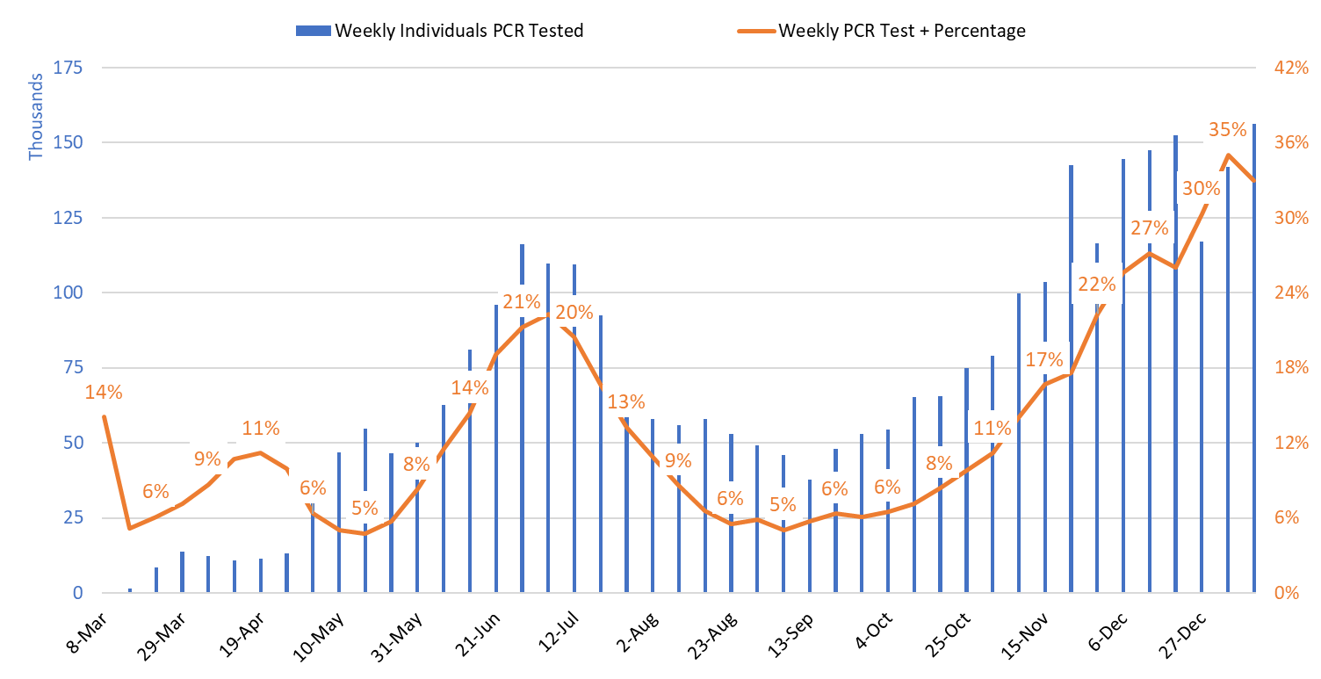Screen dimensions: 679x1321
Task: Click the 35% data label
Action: pos(1228,130)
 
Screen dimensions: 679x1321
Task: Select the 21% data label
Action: pos(521,302)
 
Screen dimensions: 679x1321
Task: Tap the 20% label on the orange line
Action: pos(574,312)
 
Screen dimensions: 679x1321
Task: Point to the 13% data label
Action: pos(625,402)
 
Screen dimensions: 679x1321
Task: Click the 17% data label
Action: pos(1044,359)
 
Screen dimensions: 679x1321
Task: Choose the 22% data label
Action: pos(1096,285)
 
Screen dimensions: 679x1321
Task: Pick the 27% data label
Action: pos(1149,228)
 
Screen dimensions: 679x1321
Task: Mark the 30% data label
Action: pos(1201,188)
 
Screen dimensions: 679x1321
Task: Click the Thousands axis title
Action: pos(36,117)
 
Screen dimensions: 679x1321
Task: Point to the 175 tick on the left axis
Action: pos(69,68)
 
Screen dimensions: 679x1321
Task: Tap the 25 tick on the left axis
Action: pos(73,517)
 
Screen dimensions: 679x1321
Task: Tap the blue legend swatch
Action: pos(314,31)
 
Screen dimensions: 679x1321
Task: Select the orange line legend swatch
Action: pos(756,31)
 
